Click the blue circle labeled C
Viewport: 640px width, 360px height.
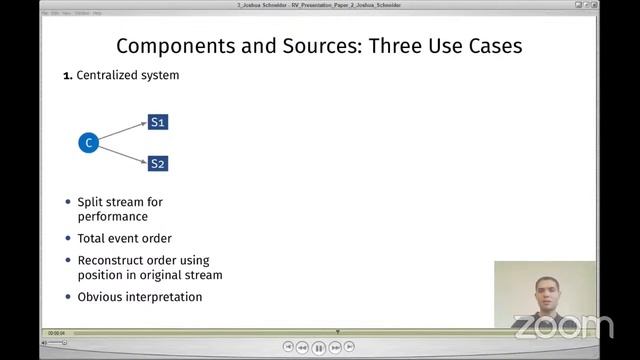pos(88,143)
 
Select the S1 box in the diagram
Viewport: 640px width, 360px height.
pos(158,122)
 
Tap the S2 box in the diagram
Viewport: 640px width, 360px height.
pos(158,163)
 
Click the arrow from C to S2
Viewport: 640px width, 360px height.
pos(122,153)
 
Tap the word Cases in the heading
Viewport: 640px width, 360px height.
pos(492,46)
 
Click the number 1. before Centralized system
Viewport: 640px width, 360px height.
pos(68,76)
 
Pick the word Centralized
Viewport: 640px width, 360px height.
pos(109,75)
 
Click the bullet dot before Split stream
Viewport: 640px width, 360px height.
pos(68,202)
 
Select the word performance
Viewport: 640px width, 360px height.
pos(112,216)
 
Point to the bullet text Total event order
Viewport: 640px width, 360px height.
pos(124,239)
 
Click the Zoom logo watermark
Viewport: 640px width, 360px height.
pos(562,326)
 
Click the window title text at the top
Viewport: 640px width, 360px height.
pos(319,5)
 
